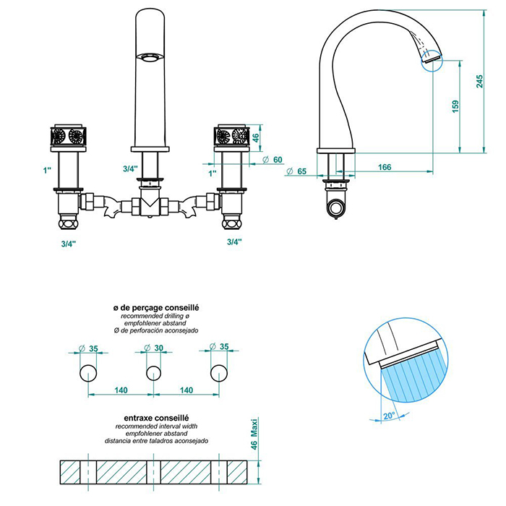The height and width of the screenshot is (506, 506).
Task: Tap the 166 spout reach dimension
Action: point(384,167)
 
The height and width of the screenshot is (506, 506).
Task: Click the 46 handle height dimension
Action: point(255,137)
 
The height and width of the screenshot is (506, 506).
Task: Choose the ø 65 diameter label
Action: point(296,171)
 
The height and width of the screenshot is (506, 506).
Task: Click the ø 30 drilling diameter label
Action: point(154,348)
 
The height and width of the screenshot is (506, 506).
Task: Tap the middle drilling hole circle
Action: point(153,373)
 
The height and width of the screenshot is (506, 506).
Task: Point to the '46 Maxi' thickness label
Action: point(254,434)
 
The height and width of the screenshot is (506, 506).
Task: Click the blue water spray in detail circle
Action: point(408,379)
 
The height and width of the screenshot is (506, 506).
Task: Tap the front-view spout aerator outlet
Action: point(151,58)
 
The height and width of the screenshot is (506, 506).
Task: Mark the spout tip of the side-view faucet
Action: point(431,58)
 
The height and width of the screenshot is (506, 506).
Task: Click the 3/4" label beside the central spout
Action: point(130,168)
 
